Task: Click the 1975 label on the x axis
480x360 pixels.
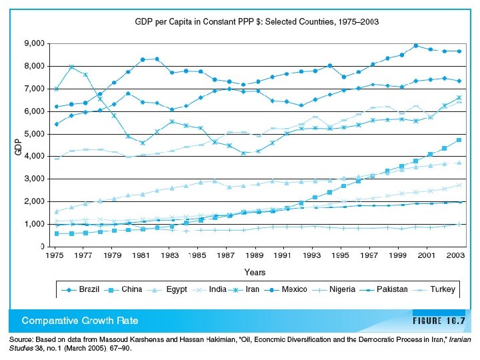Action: (55, 255)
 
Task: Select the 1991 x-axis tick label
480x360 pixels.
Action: (284, 255)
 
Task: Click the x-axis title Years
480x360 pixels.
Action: (255, 272)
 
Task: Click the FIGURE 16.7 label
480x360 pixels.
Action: (438, 321)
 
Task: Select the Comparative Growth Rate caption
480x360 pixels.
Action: (80, 321)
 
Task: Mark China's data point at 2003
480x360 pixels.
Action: (459, 140)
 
